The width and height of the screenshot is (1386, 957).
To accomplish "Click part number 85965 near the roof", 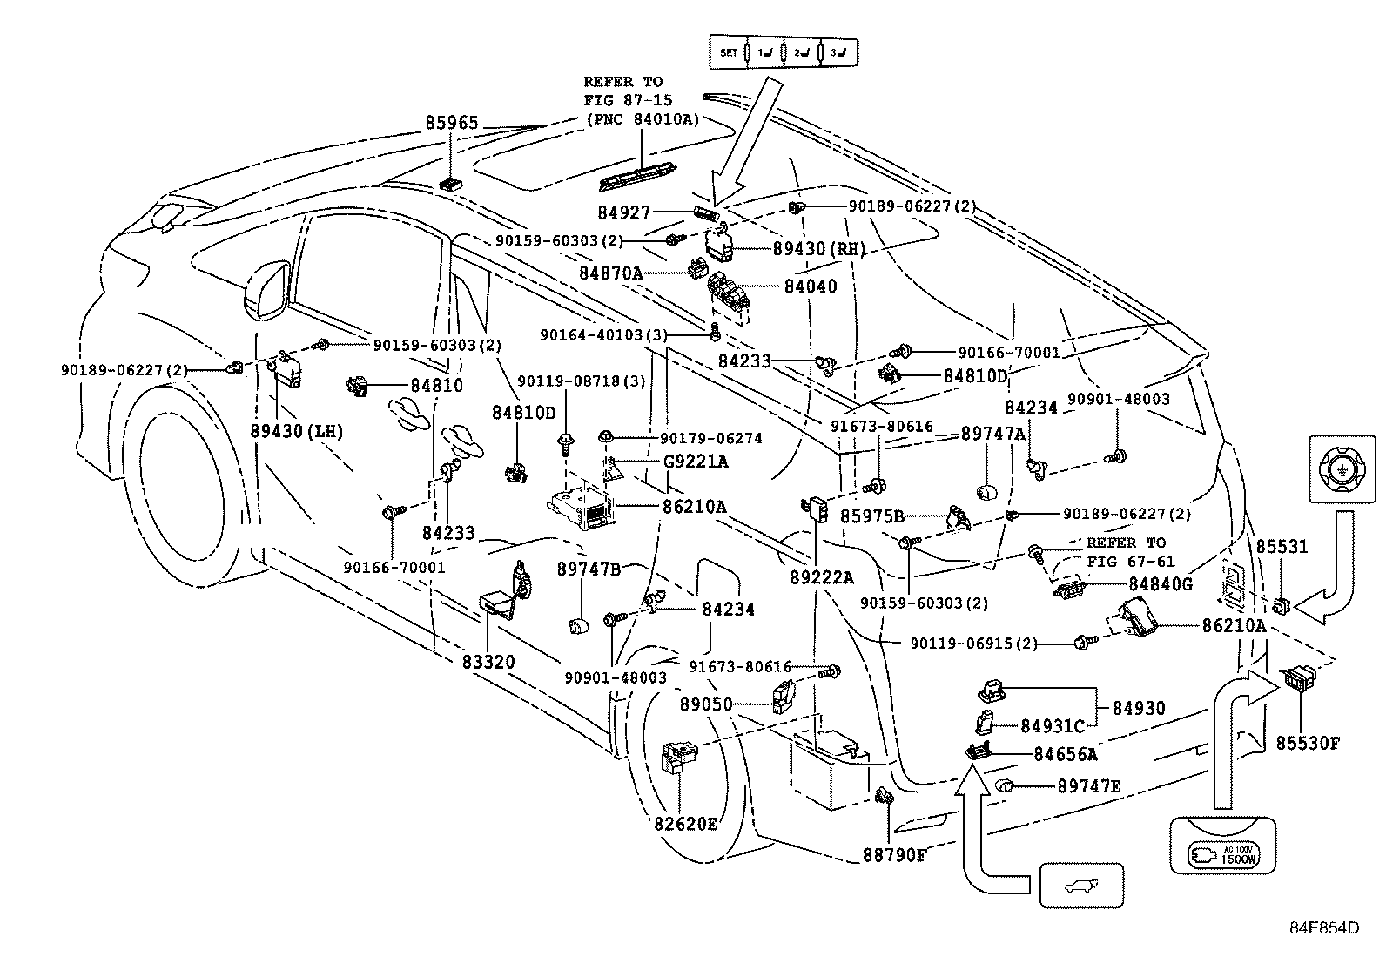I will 452,123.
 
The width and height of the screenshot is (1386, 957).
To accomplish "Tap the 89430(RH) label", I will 819,248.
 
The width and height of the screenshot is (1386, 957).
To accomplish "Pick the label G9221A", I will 697,462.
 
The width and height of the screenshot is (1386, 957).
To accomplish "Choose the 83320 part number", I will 488,662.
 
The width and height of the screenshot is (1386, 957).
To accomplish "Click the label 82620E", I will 687,823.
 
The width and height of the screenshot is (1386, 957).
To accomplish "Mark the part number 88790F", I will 894,855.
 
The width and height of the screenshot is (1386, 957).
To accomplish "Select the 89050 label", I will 706,704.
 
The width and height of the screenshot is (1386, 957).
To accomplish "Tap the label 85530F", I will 1308,743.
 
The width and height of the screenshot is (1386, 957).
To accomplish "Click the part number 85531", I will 1282,546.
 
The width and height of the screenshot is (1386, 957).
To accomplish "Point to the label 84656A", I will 1066,754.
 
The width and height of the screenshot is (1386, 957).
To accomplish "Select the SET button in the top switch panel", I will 729,53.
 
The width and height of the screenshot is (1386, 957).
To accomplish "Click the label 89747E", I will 1089,786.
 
